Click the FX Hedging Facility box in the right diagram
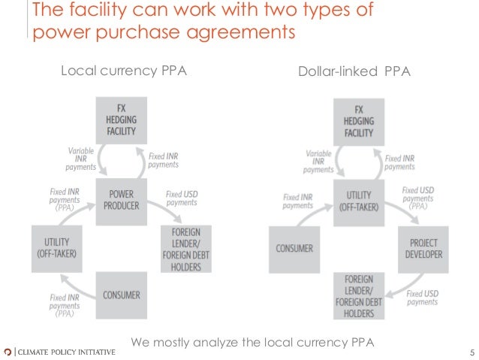click(358, 119)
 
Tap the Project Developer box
click(425, 249)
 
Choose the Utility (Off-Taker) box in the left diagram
click(57, 247)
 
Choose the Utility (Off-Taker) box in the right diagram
click(358, 198)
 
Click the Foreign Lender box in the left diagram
click(185, 249)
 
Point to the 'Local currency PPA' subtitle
click(123, 71)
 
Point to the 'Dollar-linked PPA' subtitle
click(355, 71)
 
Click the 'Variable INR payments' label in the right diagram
click(319, 161)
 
